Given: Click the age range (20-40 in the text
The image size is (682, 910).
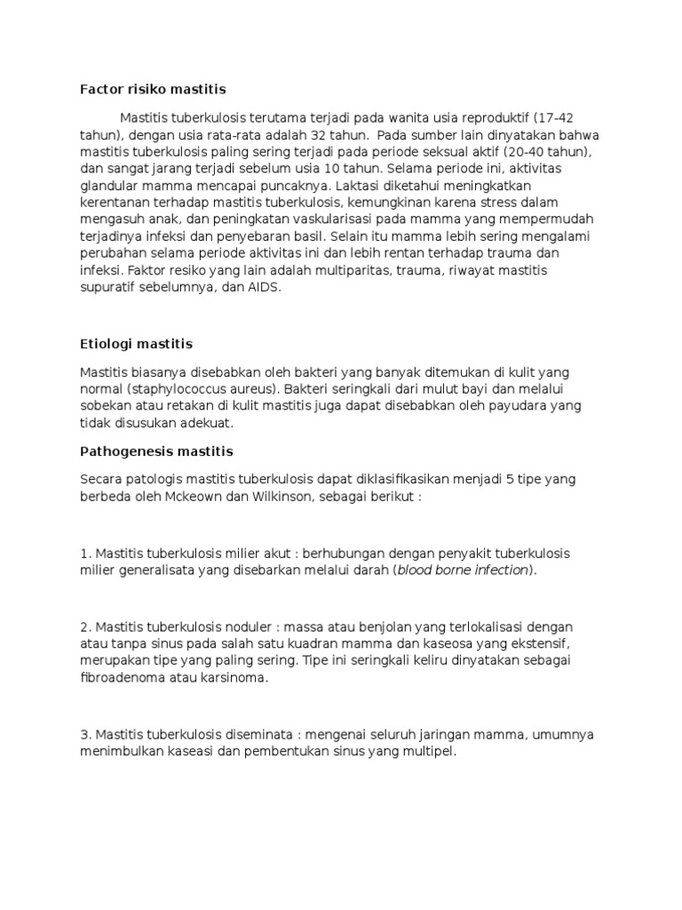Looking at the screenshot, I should coord(519,152).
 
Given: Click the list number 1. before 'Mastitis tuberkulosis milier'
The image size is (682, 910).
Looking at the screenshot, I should coord(84,553).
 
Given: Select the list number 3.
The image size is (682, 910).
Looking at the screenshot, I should coord(85,734).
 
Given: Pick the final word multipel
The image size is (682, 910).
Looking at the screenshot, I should coord(428,751).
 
